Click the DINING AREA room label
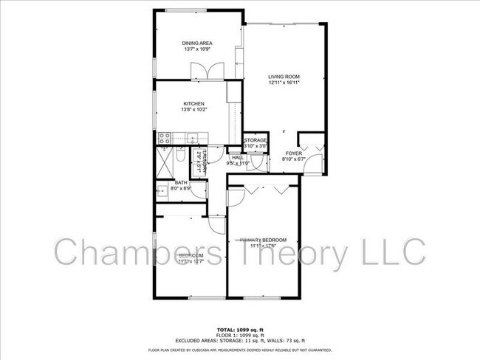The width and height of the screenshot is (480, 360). click(197, 44)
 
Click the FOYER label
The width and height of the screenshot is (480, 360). click(294, 153)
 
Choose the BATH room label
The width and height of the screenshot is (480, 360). click(182, 183)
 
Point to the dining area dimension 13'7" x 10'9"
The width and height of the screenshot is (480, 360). click(197, 50)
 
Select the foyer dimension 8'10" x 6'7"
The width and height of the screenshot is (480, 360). click(294, 159)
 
